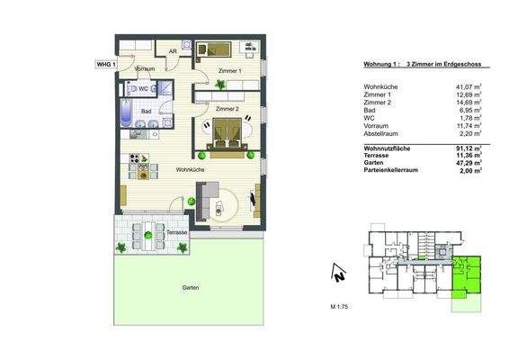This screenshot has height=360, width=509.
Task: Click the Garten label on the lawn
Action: (189, 288)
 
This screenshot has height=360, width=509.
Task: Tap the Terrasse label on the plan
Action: (176, 232)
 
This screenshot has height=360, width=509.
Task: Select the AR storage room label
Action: (173, 51)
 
